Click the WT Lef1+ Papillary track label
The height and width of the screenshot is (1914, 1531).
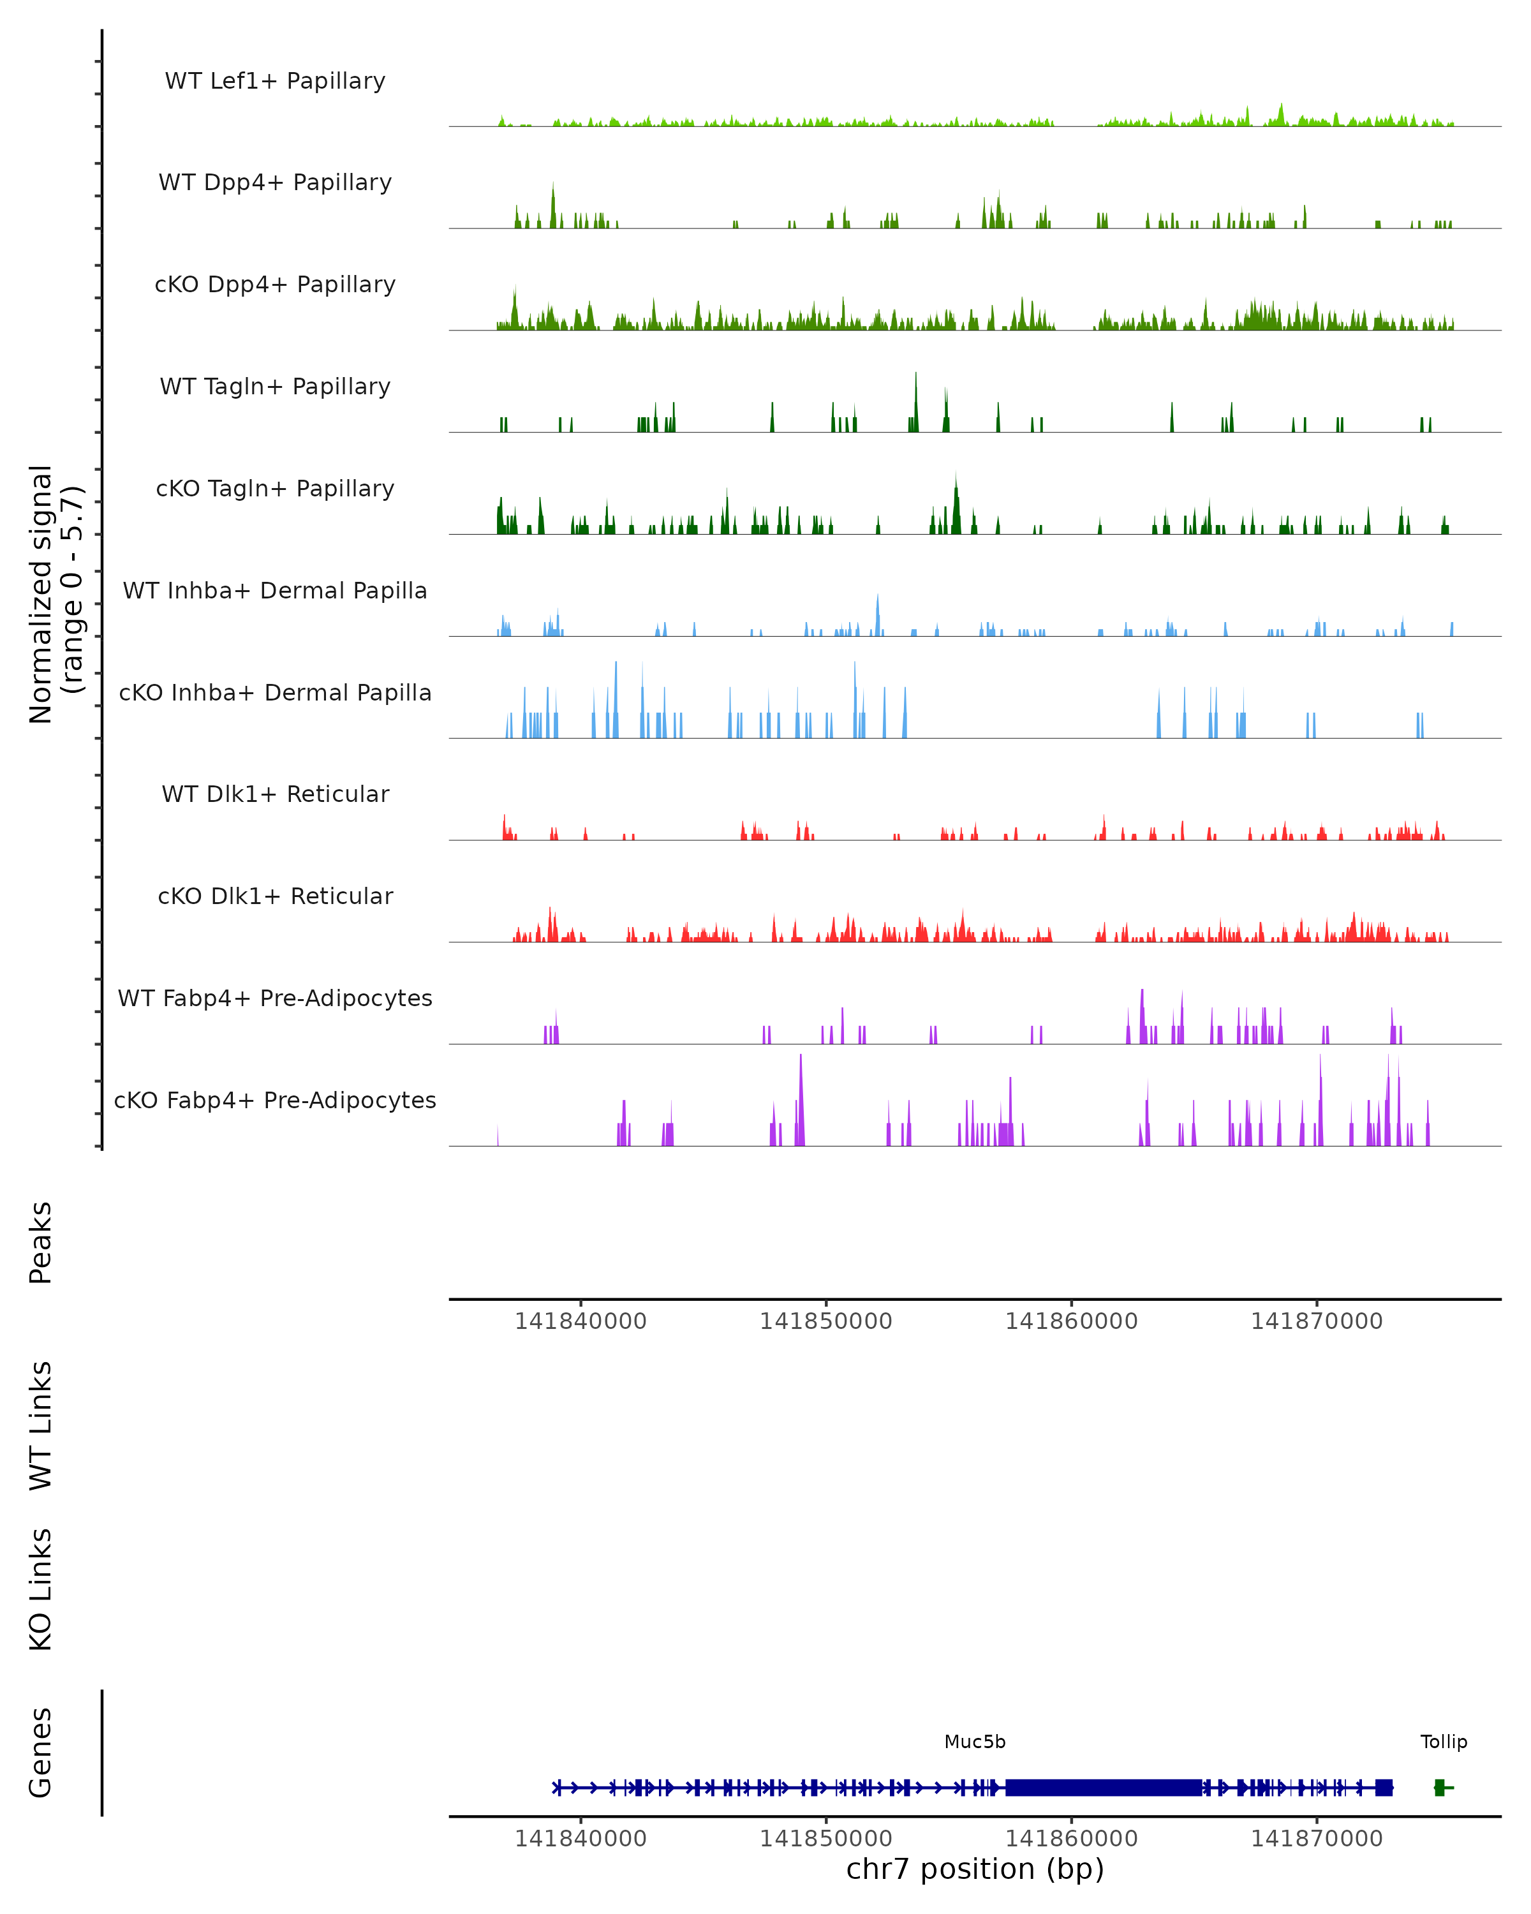(275, 81)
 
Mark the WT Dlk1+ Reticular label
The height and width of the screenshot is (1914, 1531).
(275, 794)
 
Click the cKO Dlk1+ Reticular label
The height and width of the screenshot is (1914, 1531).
(275, 896)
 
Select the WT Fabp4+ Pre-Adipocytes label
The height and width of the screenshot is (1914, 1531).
(275, 998)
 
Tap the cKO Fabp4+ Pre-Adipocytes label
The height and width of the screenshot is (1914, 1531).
(275, 1100)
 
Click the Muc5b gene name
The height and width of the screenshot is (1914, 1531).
(975, 1742)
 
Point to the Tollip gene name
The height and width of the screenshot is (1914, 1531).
(1443, 1742)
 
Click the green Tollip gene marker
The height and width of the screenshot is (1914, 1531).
(1440, 1787)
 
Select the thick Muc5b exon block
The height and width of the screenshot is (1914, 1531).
(1103, 1787)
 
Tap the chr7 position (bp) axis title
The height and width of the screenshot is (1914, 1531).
(975, 1869)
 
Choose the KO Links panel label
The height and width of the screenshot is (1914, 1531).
(41, 1589)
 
